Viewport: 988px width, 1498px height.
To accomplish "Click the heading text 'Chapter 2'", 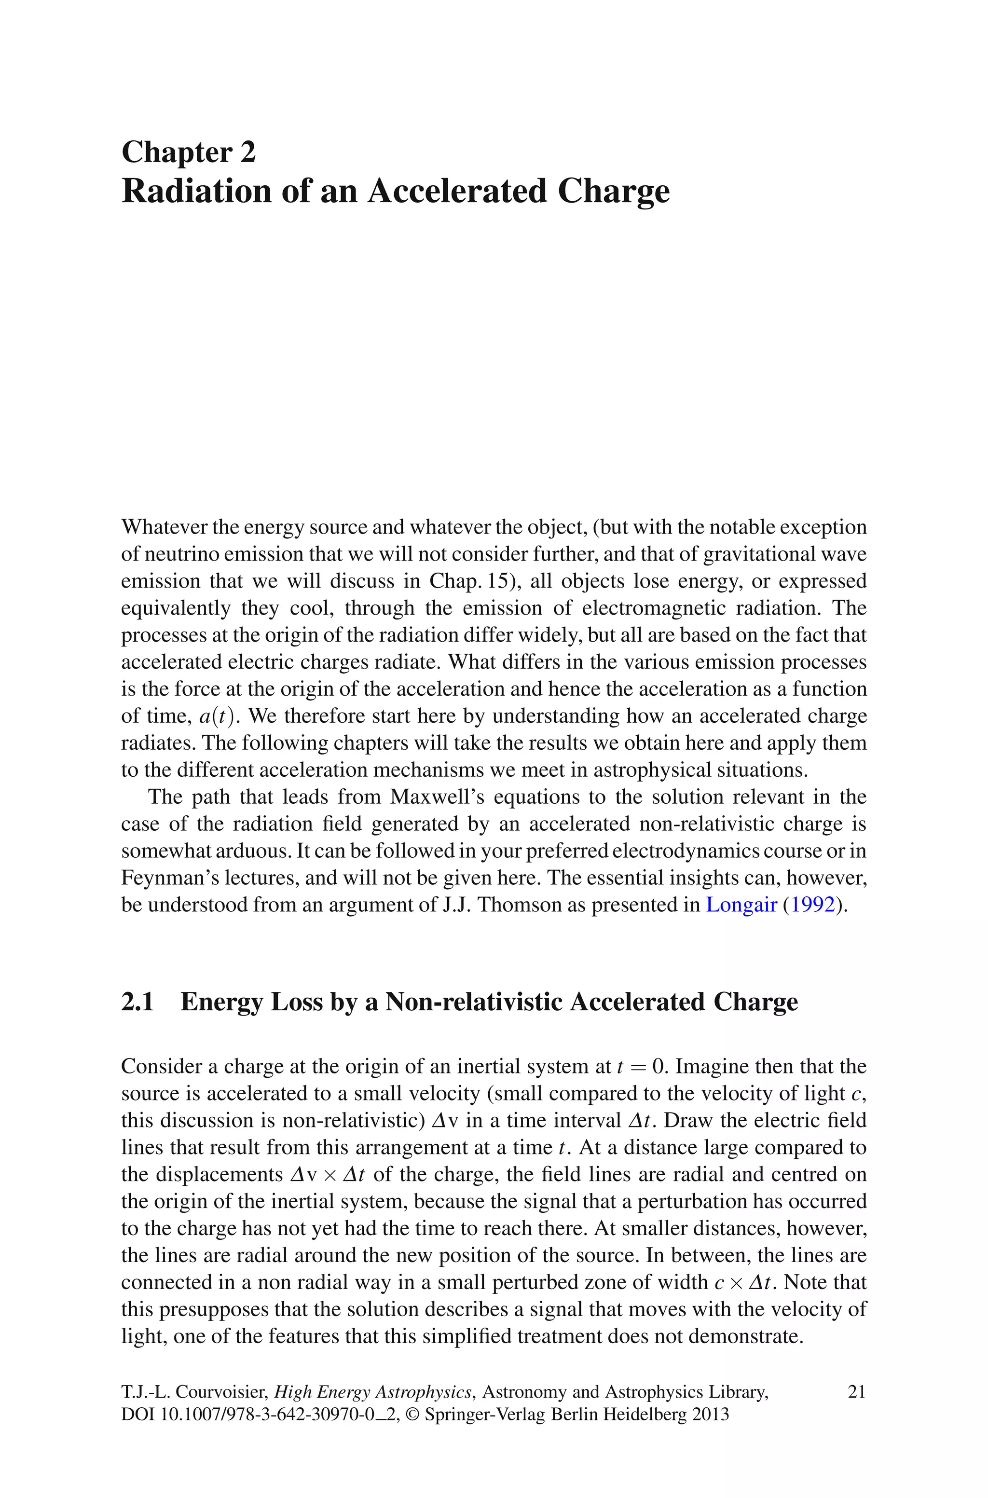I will [189, 152].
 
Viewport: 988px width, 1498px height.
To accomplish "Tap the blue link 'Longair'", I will [741, 905].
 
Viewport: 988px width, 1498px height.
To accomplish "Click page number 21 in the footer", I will [857, 1391].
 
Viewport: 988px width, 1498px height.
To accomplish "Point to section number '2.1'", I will [137, 1002].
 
